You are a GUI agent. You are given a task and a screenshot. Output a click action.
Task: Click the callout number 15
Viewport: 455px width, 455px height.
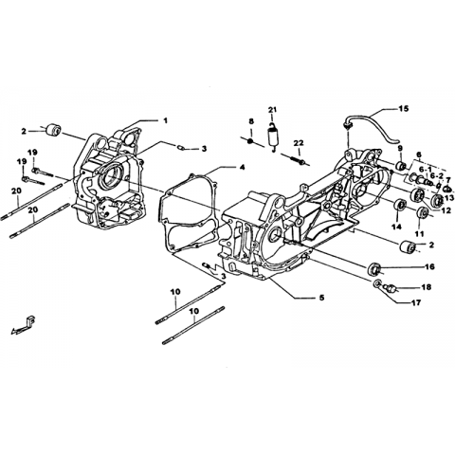pyautogui.click(x=403, y=108)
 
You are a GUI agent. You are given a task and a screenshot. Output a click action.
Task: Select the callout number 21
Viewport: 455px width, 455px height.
pyautogui.click(x=272, y=110)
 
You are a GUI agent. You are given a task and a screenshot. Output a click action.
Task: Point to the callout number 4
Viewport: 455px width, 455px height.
pyautogui.click(x=242, y=168)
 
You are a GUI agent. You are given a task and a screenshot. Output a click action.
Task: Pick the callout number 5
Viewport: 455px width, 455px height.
pyautogui.click(x=321, y=298)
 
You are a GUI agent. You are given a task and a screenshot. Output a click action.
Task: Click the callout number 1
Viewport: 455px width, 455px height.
pyautogui.click(x=165, y=120)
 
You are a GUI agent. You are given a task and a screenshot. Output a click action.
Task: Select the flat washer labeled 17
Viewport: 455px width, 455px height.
pyautogui.click(x=377, y=283)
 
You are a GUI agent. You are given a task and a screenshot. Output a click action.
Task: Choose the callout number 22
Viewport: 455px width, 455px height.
pyautogui.click(x=299, y=143)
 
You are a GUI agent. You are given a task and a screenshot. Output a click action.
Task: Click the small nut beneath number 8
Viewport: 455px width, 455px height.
pyautogui.click(x=250, y=141)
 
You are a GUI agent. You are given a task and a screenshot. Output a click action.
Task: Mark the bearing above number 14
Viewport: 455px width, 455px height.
pyautogui.click(x=400, y=206)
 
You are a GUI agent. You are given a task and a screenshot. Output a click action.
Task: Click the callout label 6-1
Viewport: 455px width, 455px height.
pyautogui.click(x=426, y=169)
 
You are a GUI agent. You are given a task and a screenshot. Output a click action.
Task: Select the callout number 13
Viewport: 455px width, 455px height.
pyautogui.click(x=448, y=198)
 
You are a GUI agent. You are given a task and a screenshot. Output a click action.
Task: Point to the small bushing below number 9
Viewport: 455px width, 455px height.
pyautogui.click(x=401, y=165)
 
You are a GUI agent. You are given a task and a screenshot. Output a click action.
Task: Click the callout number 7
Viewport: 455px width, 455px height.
pyautogui.click(x=448, y=180)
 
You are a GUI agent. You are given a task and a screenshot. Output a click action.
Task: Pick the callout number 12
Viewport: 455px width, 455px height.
pyautogui.click(x=446, y=210)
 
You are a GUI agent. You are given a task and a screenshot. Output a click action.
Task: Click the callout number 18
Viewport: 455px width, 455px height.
pyautogui.click(x=426, y=287)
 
